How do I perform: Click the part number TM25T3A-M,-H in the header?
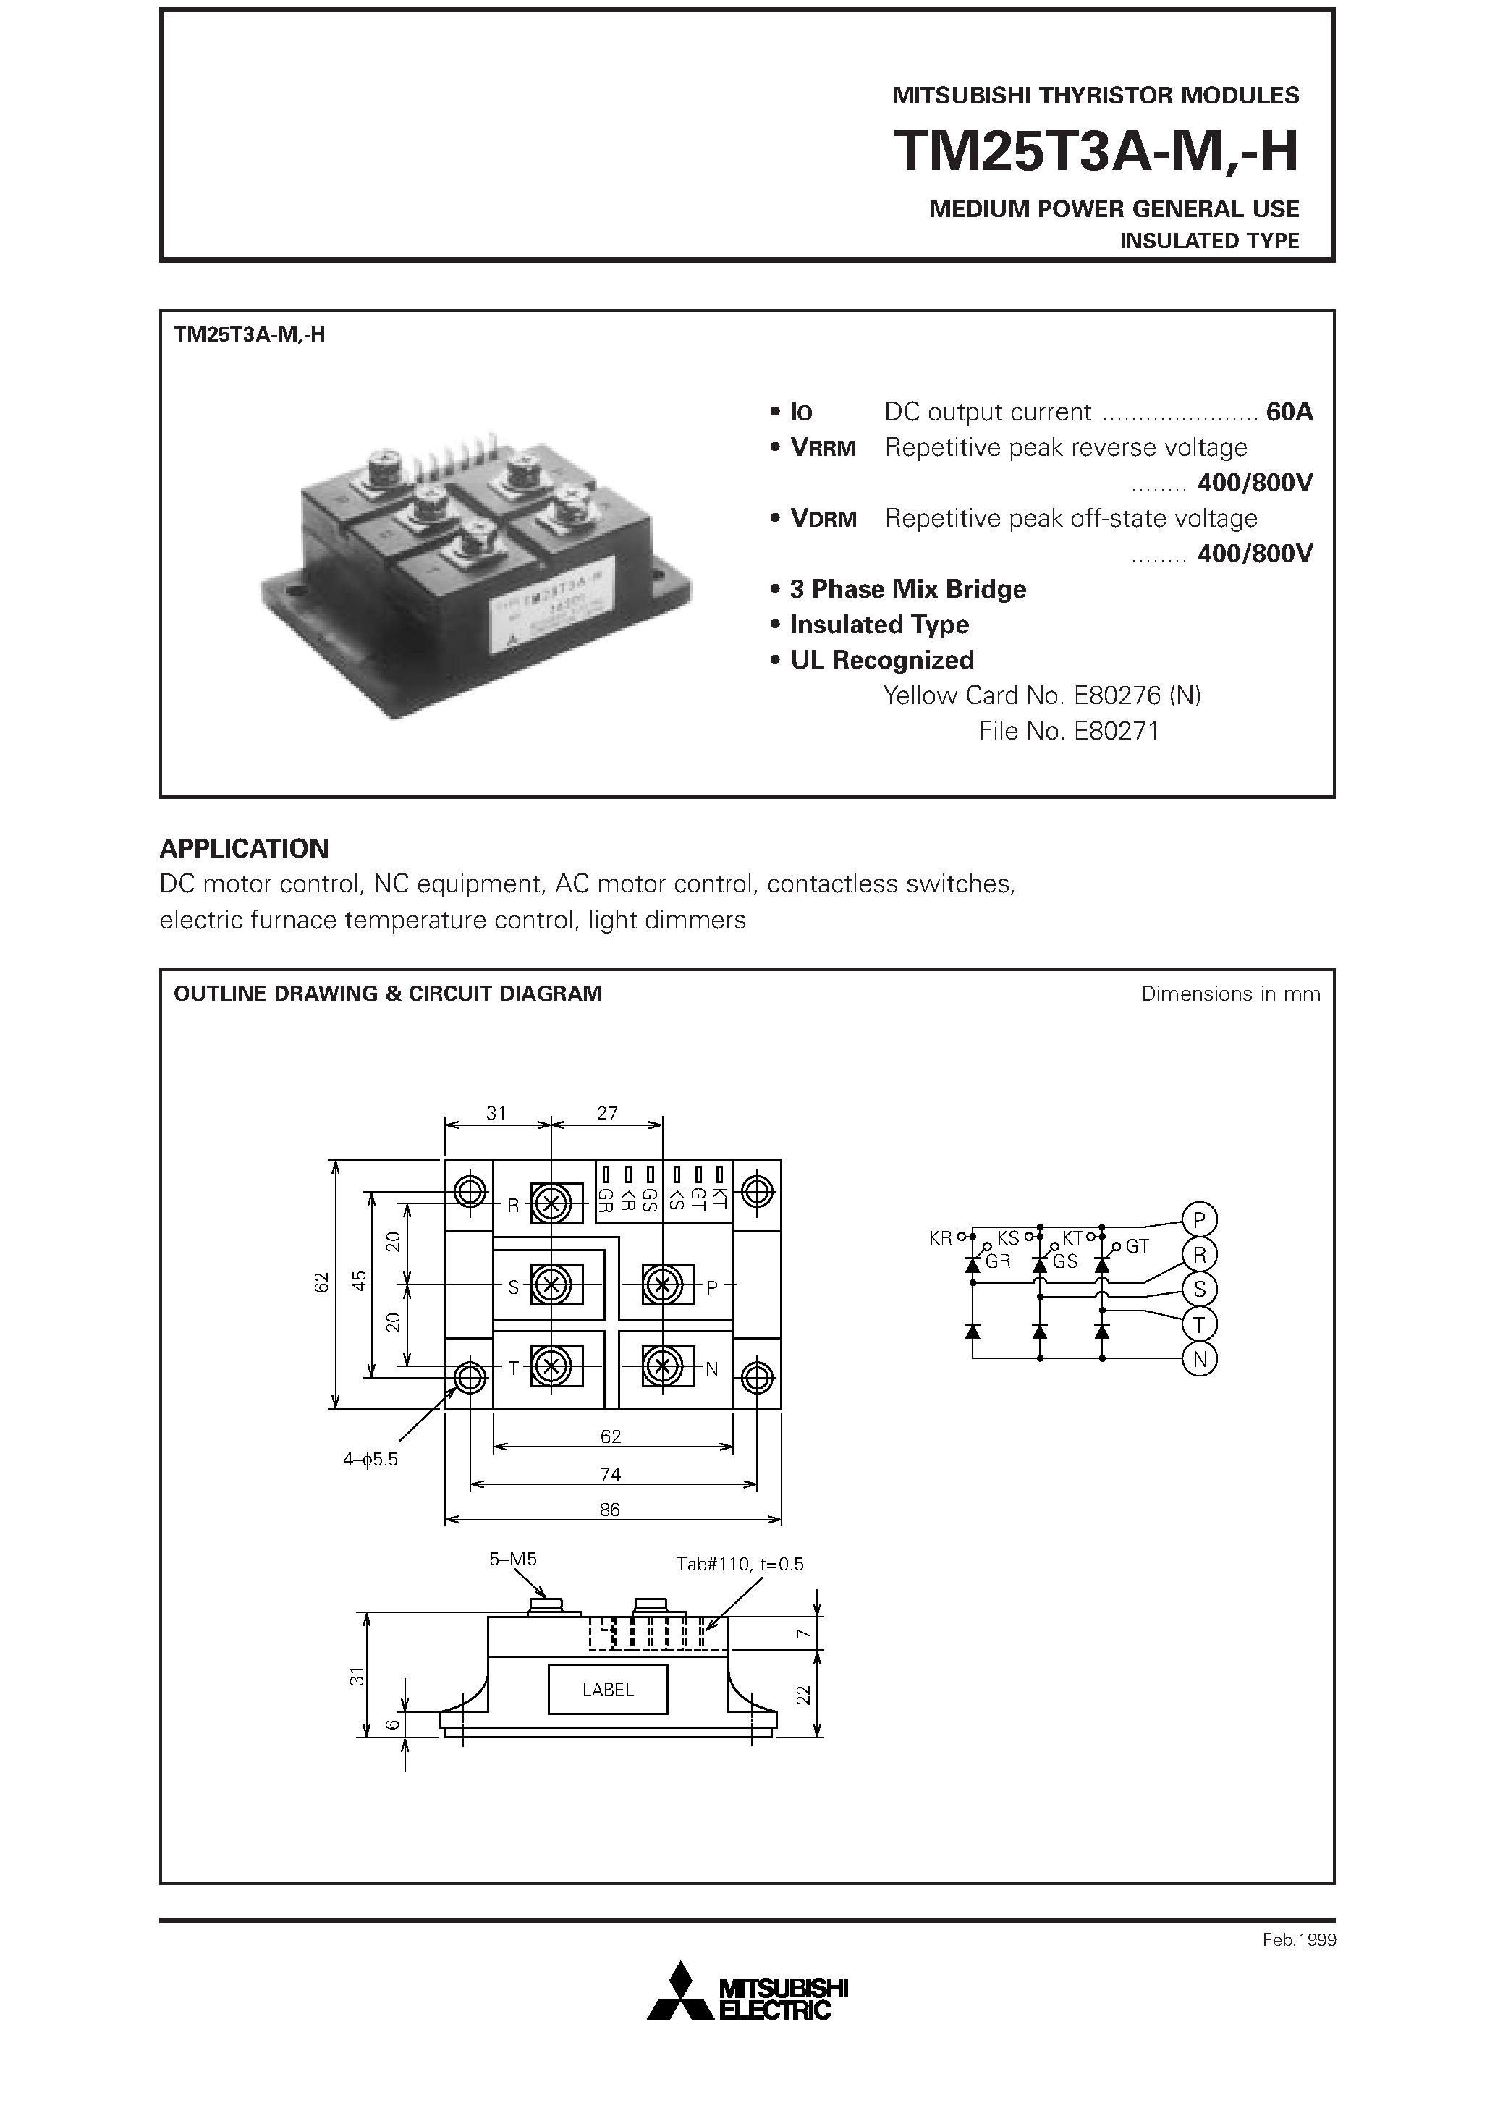click(x=1096, y=151)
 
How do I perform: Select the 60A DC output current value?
click(x=1289, y=412)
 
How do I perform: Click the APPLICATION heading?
click(x=245, y=848)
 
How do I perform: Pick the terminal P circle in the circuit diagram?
click(x=1199, y=1220)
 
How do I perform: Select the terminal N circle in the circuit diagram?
click(x=1199, y=1358)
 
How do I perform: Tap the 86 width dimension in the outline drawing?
click(x=609, y=1510)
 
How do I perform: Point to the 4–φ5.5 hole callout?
click(x=370, y=1459)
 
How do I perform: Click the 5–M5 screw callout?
click(x=512, y=1560)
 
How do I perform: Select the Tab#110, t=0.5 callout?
click(x=740, y=1564)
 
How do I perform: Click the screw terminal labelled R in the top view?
click(x=551, y=1203)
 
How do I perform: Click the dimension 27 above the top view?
click(x=606, y=1112)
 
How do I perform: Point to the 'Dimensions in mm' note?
click(x=1229, y=994)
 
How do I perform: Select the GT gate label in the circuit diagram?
click(x=1137, y=1246)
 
